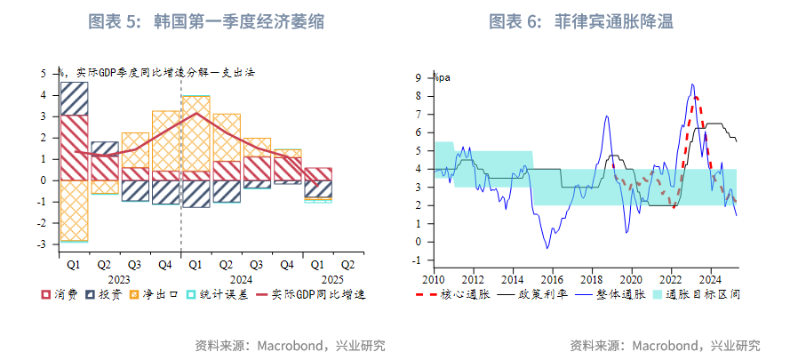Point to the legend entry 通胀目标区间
(702, 294)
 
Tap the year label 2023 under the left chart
(118, 278)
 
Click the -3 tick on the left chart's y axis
(42, 244)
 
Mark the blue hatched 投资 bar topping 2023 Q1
(74, 99)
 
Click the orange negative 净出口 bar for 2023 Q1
(74, 210)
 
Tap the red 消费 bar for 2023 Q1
(74, 148)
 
